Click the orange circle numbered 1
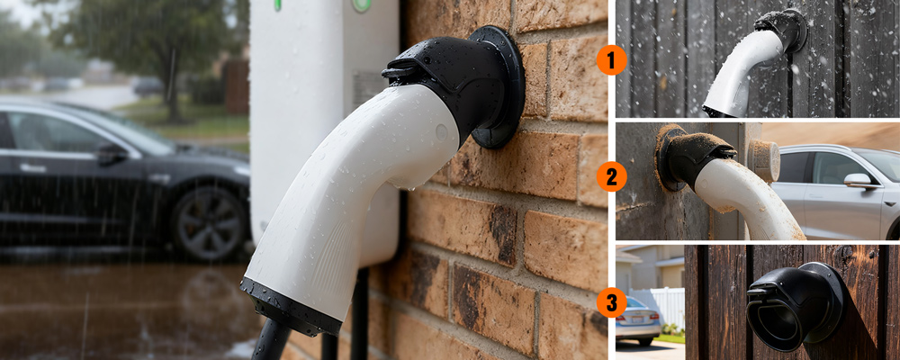(x=611, y=59)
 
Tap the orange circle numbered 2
(x=611, y=176)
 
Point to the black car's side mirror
(x=111, y=153)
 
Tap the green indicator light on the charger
(x=361, y=4)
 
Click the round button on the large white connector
(x=441, y=132)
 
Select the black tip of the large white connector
(x=291, y=307)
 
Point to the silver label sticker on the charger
(x=368, y=87)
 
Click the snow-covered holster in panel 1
(x=783, y=29)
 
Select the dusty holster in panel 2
(x=691, y=157)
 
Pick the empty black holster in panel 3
(x=795, y=306)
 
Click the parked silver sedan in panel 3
(x=637, y=321)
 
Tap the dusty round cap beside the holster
(x=764, y=161)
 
